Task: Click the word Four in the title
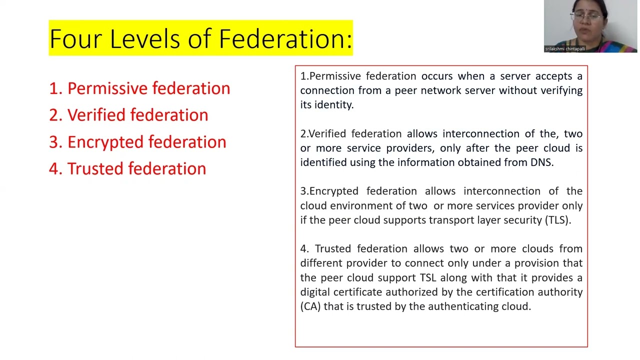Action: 75,39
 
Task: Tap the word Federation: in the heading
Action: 285,39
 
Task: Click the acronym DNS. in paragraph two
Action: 542,162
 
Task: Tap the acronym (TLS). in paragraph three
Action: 558,220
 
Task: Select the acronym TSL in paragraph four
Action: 428,277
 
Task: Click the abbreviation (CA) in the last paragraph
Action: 310,306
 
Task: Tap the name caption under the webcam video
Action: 565,49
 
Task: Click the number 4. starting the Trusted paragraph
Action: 304,249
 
